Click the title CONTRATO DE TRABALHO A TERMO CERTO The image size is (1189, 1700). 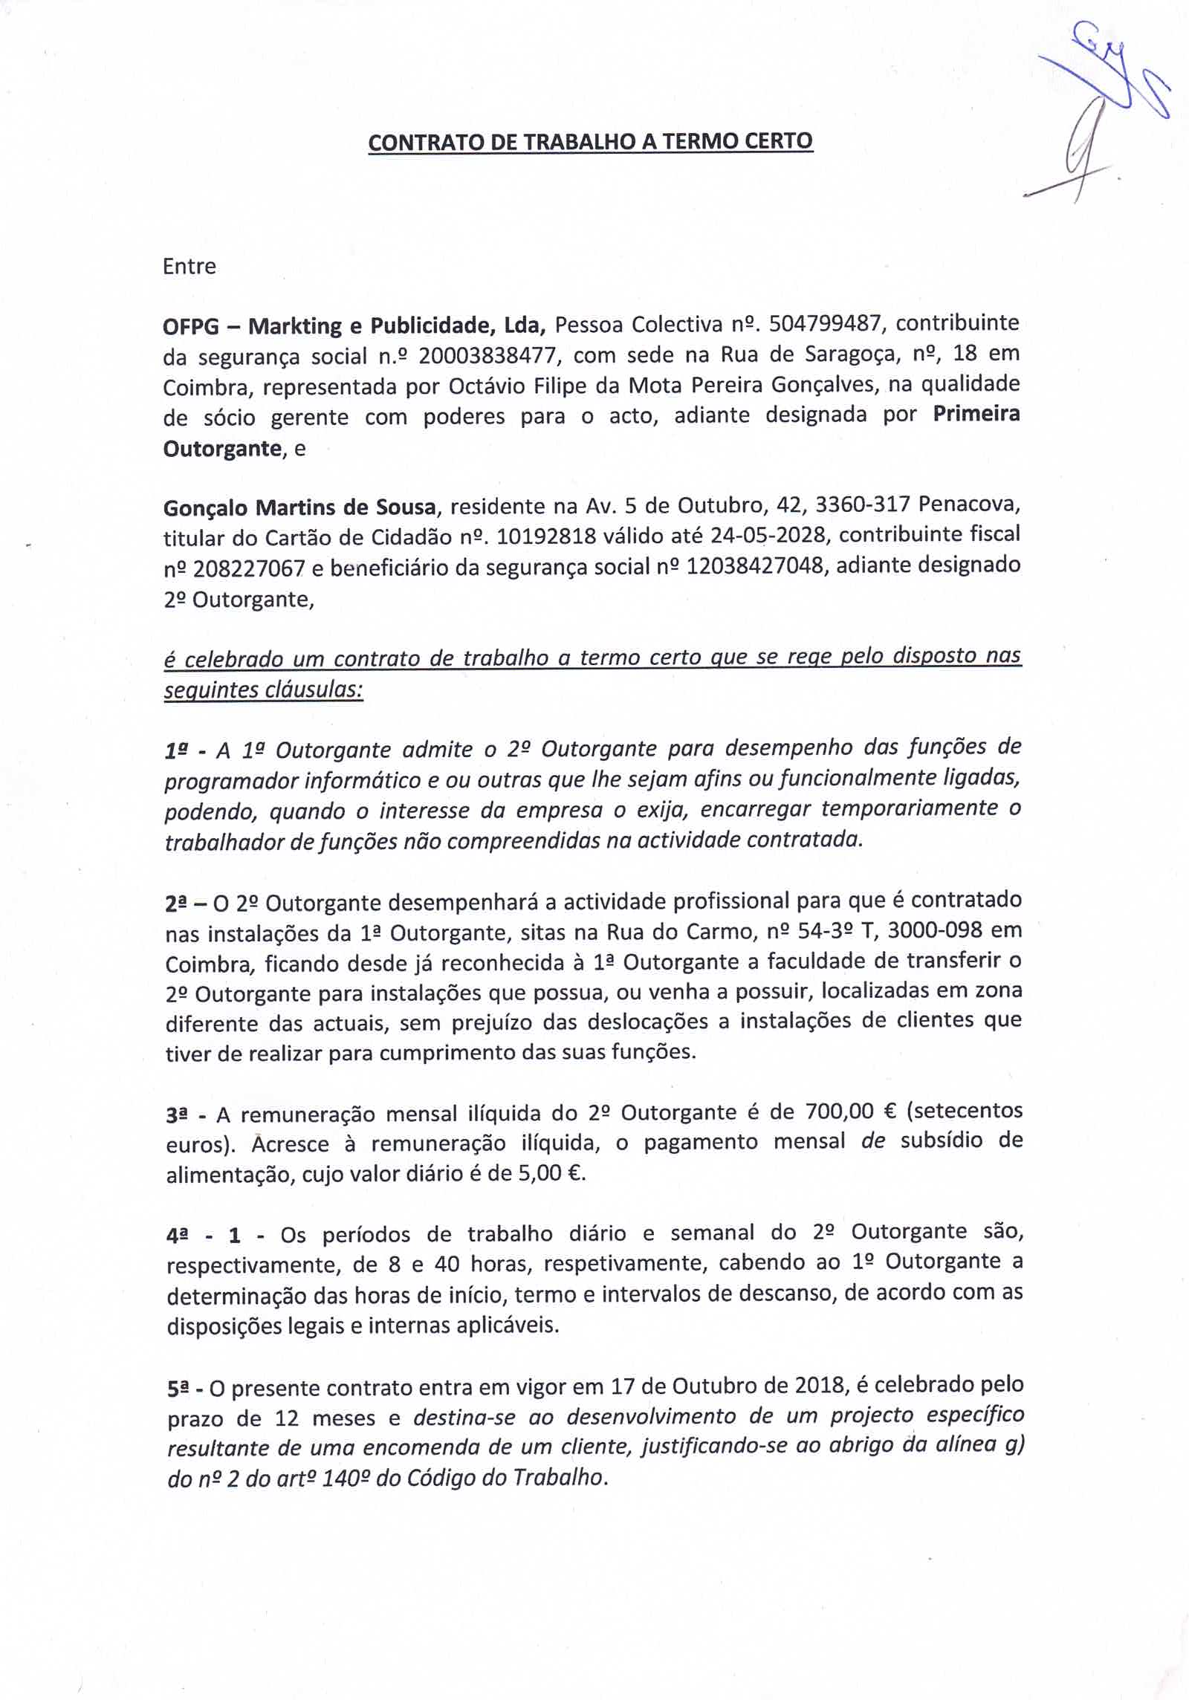click(x=591, y=141)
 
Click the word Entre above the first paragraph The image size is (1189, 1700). click(x=189, y=266)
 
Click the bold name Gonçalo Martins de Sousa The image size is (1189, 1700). click(x=299, y=508)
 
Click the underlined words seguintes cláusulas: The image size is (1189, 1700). click(x=264, y=690)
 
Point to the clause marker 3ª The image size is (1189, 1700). click(x=178, y=1115)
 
